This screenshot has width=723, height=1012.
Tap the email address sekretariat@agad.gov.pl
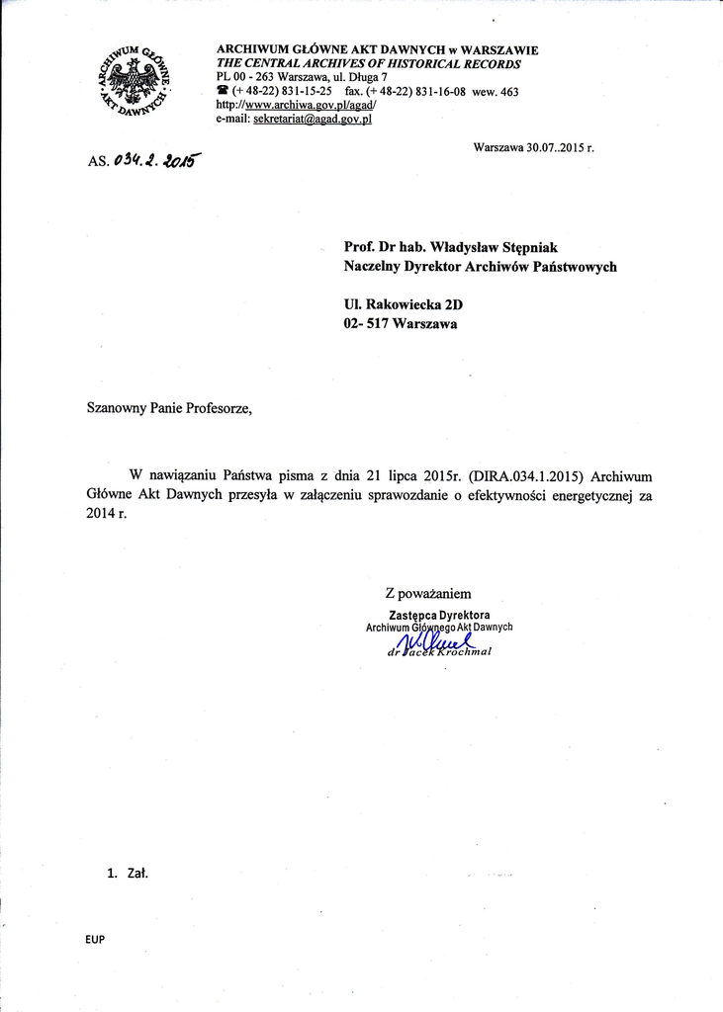(x=313, y=119)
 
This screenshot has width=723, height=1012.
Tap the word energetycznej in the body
(x=587, y=495)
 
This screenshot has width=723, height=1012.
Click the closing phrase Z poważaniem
(x=428, y=594)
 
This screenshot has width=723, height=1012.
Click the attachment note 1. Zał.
(x=127, y=874)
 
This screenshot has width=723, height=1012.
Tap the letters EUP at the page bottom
(x=95, y=939)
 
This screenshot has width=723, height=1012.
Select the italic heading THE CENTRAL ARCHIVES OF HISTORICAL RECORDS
(x=368, y=63)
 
